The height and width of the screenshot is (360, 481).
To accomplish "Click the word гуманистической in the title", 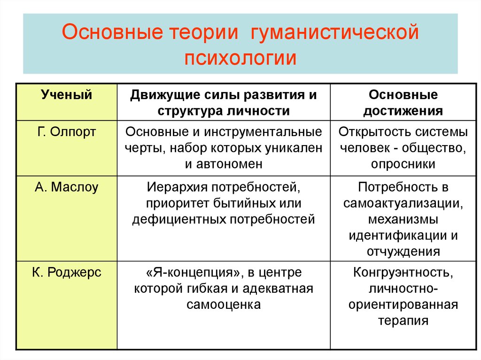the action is tap(334, 32).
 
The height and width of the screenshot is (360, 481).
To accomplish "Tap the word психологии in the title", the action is tap(240, 58).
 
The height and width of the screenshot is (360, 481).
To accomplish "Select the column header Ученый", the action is tap(67, 95).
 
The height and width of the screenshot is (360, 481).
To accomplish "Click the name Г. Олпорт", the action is tap(67, 132).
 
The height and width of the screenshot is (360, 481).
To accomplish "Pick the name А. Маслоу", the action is tap(67, 187).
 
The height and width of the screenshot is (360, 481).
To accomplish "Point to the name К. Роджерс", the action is tap(67, 272).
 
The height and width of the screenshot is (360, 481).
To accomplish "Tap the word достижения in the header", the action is tap(403, 111).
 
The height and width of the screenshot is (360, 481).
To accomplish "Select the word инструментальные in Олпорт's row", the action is tap(263, 132).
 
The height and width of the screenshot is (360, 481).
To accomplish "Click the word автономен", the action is tap(229, 164).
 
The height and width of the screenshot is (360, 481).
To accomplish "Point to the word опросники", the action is tap(403, 164).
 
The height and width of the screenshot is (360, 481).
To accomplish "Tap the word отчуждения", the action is tap(403, 252).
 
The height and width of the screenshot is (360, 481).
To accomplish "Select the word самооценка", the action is tap(224, 305).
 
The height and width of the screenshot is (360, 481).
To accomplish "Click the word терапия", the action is tap(403, 321).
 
